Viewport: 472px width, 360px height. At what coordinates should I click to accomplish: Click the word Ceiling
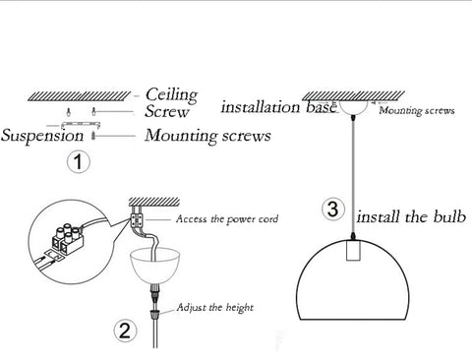point(171,94)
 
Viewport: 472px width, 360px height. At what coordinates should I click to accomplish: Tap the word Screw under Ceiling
point(167,111)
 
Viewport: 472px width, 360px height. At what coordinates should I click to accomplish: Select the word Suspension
point(42,136)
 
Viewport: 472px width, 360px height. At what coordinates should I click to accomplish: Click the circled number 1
point(79,161)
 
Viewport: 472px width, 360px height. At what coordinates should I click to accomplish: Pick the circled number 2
point(125,331)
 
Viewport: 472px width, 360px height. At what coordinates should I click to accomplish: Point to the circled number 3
point(332,210)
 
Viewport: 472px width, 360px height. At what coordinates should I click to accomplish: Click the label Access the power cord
point(227,219)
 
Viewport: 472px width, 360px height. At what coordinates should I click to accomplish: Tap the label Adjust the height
point(215,308)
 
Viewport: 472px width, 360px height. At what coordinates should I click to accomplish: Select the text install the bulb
point(411,216)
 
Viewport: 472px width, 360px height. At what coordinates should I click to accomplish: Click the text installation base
point(279,107)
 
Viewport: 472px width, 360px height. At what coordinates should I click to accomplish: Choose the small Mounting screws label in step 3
point(417,110)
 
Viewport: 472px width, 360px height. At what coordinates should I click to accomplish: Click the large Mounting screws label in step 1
point(207,136)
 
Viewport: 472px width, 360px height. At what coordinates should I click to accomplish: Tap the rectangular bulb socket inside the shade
point(353,250)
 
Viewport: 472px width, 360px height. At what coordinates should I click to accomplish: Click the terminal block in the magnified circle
point(68,240)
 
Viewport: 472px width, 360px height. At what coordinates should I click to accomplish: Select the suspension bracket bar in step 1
point(80,124)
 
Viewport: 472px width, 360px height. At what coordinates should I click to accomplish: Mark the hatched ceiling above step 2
point(154,202)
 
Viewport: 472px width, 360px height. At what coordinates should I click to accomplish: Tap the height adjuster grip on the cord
point(153,315)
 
